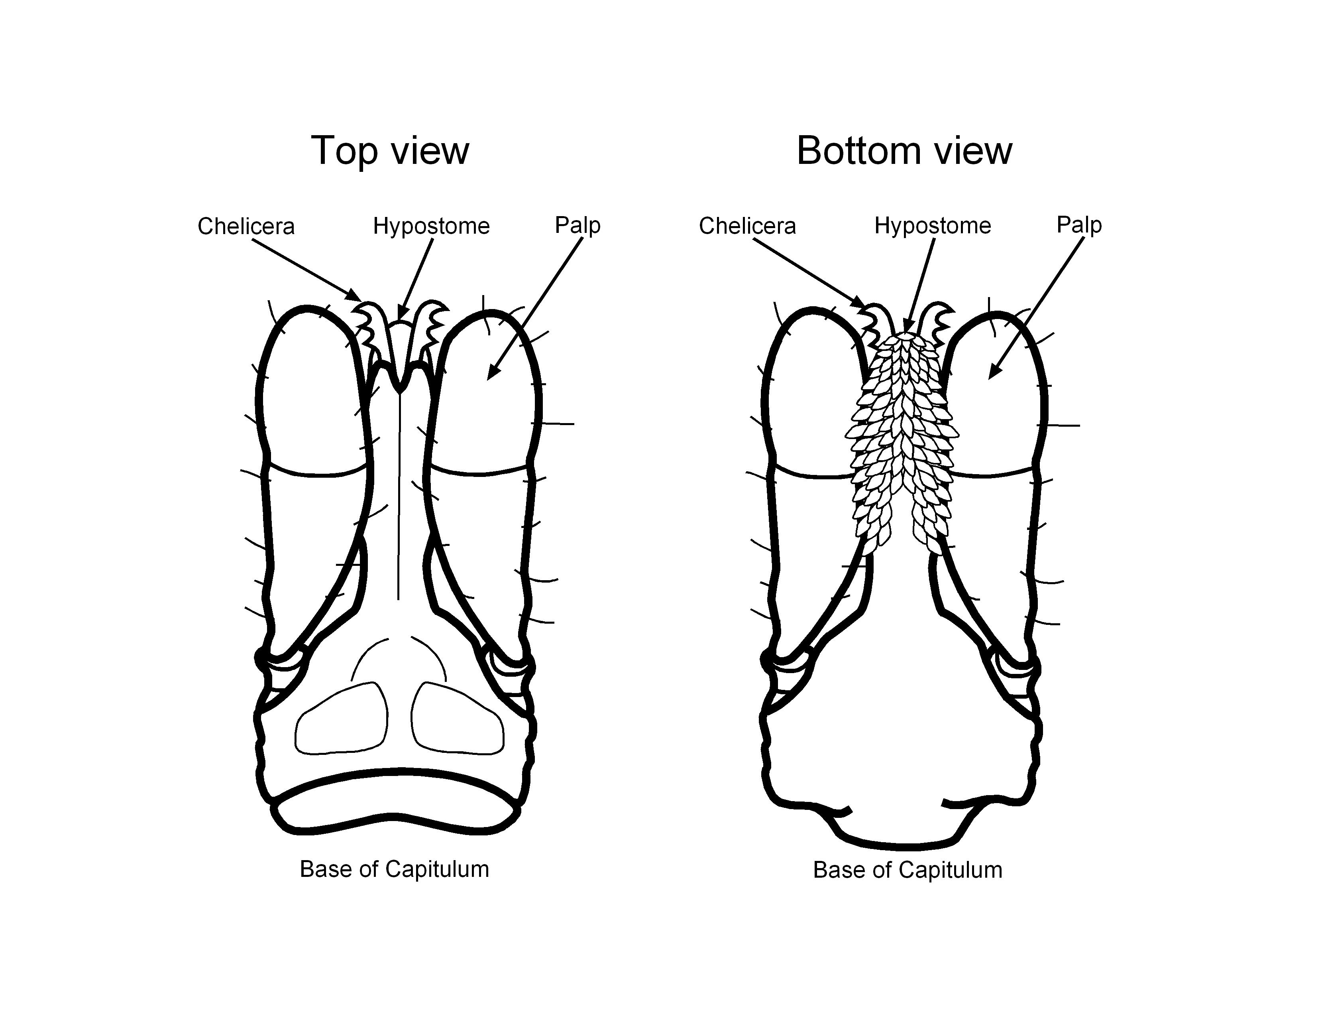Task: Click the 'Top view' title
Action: pos(390,150)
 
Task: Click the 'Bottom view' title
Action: pos(904,150)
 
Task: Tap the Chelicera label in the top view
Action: pos(246,226)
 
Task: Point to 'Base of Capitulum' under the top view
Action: pos(394,869)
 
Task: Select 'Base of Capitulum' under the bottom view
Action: pos(908,870)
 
